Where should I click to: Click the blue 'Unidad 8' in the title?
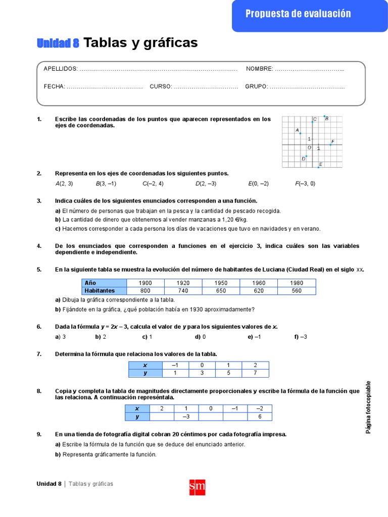58,43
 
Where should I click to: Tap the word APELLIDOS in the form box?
61,69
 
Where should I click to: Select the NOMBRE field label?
259,69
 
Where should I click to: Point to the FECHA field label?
54,86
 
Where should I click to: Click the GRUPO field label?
256,86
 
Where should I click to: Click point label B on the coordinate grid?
327,119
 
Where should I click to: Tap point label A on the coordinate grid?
297,130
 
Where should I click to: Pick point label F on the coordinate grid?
333,142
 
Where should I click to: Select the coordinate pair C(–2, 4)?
153,184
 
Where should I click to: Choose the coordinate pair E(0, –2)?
258,184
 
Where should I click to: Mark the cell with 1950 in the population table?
221,283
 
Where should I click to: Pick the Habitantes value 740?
183,291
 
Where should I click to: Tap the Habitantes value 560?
297,291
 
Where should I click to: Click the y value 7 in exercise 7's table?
255,373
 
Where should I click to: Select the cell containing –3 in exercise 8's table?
185,417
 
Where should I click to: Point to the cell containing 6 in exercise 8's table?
260,417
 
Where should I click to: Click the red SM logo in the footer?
197,487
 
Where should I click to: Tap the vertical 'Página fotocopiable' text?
368,407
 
